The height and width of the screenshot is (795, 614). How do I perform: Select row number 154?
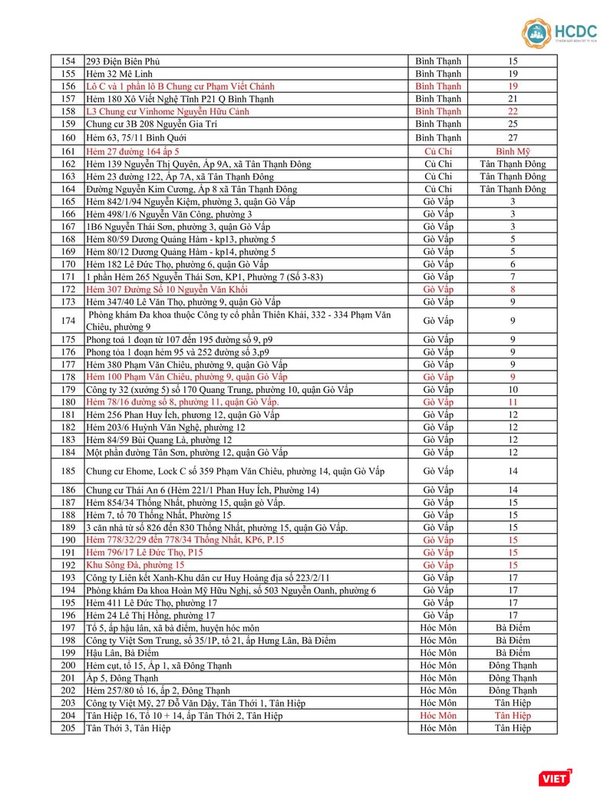pos(68,61)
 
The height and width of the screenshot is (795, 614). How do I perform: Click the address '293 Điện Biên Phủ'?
pos(123,61)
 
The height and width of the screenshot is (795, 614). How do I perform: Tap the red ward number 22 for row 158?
pos(513,111)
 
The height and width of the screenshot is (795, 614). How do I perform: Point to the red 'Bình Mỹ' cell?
pos(513,151)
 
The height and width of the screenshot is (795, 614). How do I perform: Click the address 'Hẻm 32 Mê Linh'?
pos(119,74)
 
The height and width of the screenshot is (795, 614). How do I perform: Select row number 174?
pos(68,321)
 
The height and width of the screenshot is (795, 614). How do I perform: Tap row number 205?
pos(68,727)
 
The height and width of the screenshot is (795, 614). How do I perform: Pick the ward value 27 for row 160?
pos(513,137)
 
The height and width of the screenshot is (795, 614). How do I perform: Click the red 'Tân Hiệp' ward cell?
pos(513,715)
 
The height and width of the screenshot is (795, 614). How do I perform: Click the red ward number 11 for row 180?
pos(513,402)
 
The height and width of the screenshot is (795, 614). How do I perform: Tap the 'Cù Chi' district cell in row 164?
pos(438,189)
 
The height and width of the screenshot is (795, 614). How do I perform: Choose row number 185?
pos(68,470)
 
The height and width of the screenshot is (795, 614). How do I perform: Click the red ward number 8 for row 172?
pos(513,289)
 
